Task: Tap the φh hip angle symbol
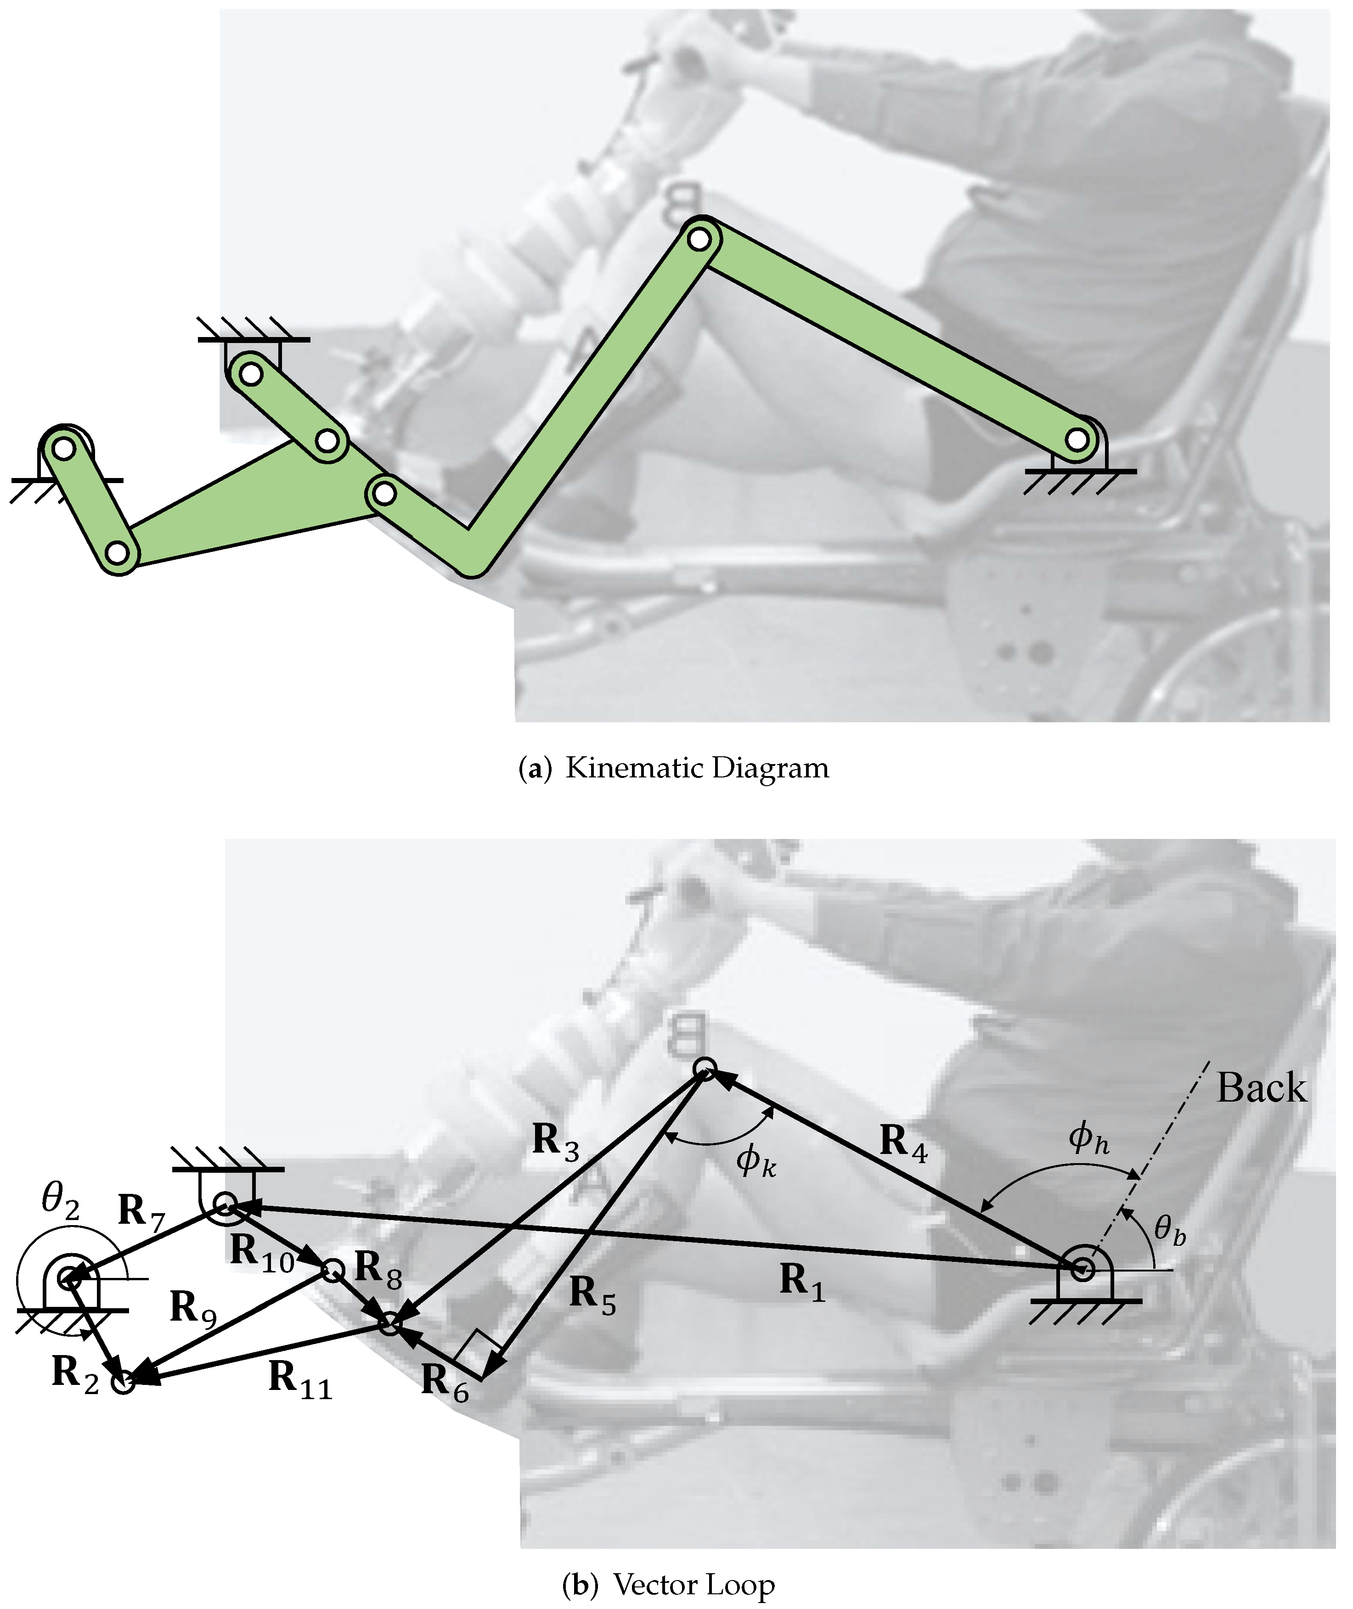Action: coord(1088,1139)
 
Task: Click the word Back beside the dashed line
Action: coord(1261,1090)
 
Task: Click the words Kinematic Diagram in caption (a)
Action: coord(696,769)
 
